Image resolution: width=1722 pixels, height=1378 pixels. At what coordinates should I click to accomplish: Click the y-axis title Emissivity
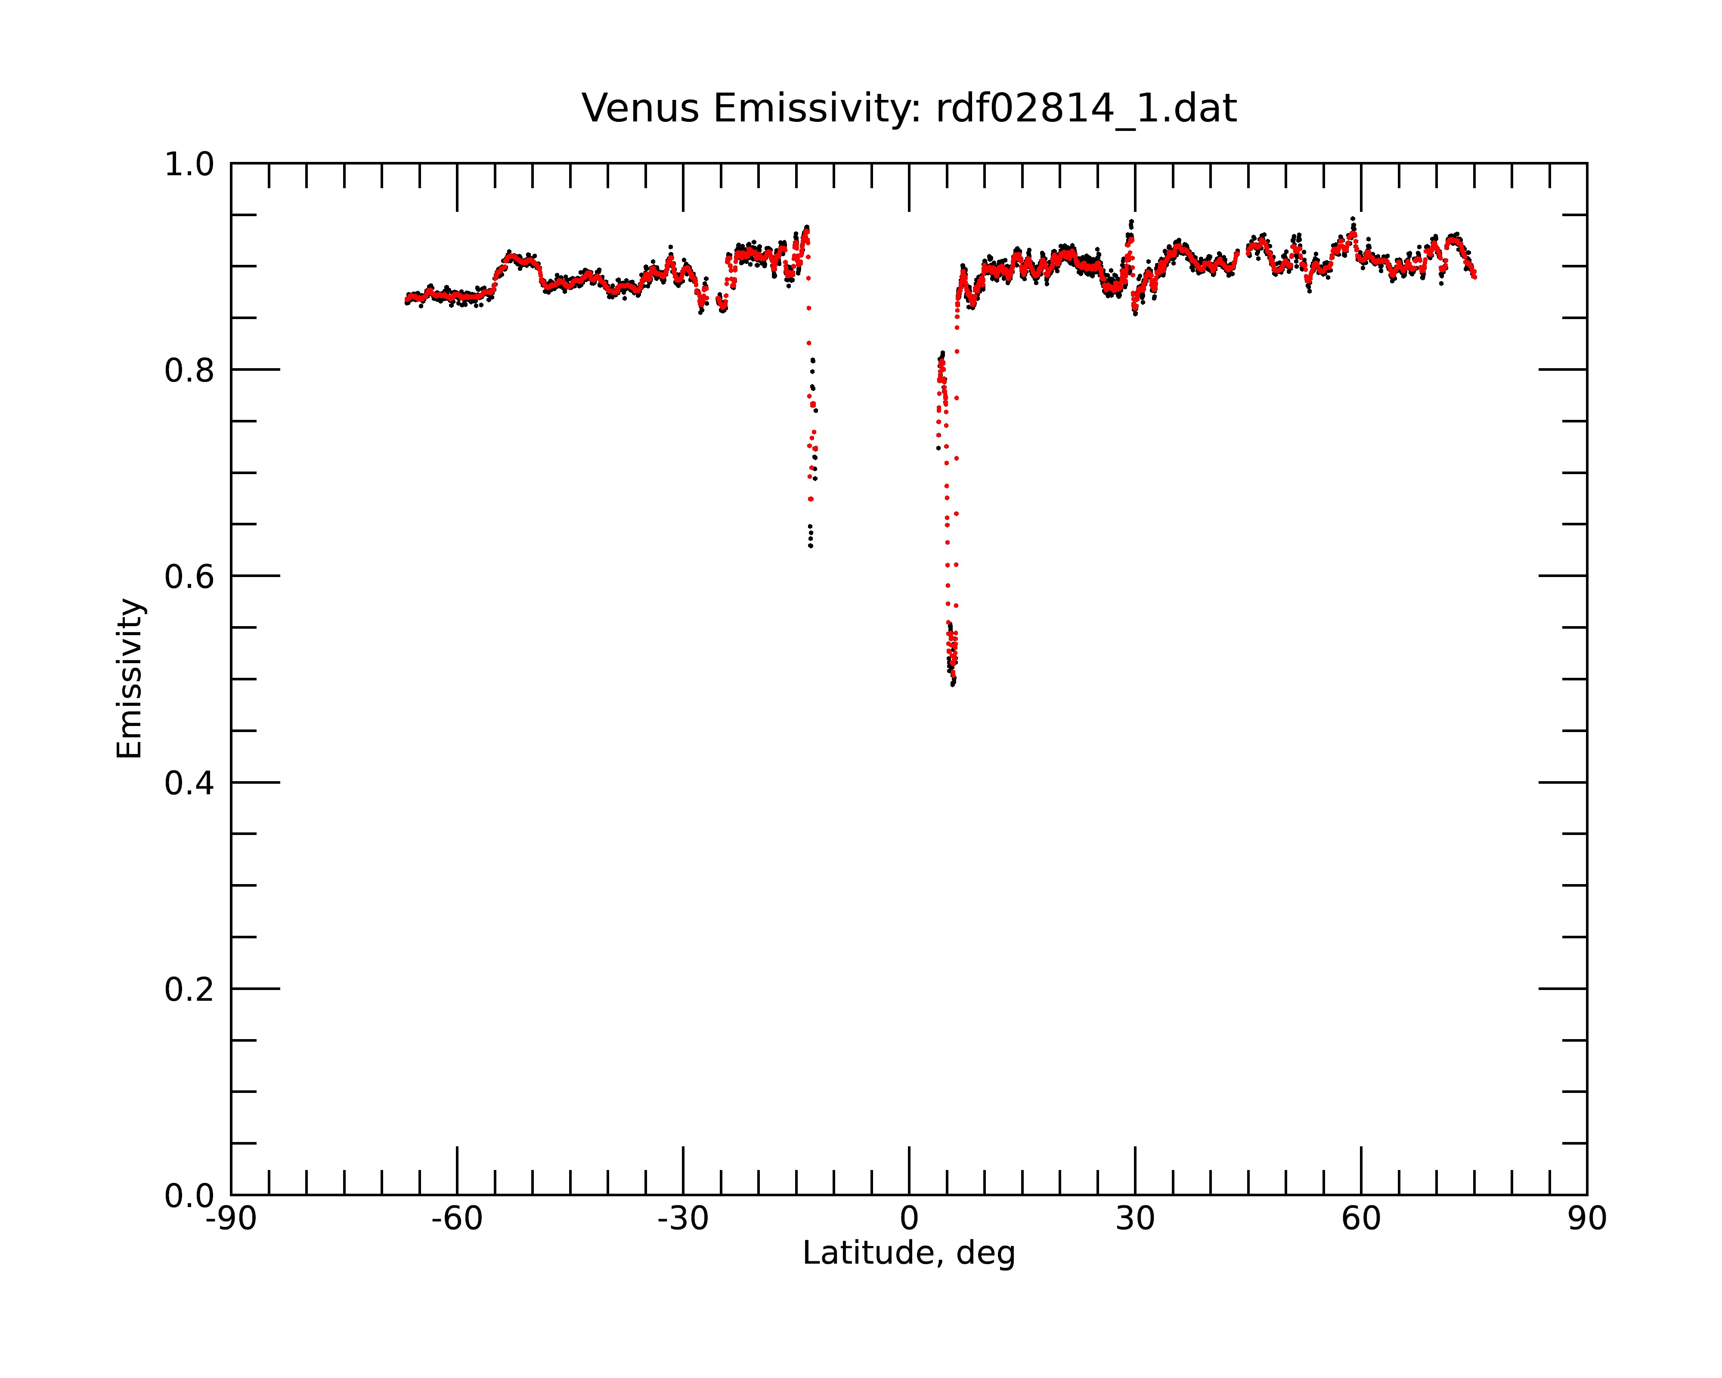(x=130, y=678)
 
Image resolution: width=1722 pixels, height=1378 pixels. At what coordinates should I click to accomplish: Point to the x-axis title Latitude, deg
(x=909, y=1254)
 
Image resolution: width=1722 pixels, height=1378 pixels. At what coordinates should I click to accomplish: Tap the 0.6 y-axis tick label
(x=189, y=577)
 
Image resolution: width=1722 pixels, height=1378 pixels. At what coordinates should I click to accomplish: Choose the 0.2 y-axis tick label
(x=189, y=990)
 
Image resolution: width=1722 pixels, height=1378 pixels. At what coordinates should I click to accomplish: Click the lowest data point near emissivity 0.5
(x=952, y=685)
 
